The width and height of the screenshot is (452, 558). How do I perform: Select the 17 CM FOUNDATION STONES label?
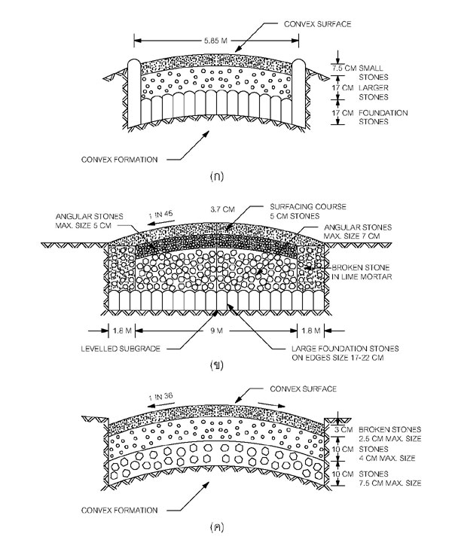coord(365,117)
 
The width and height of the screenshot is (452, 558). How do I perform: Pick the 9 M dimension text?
coord(218,331)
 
